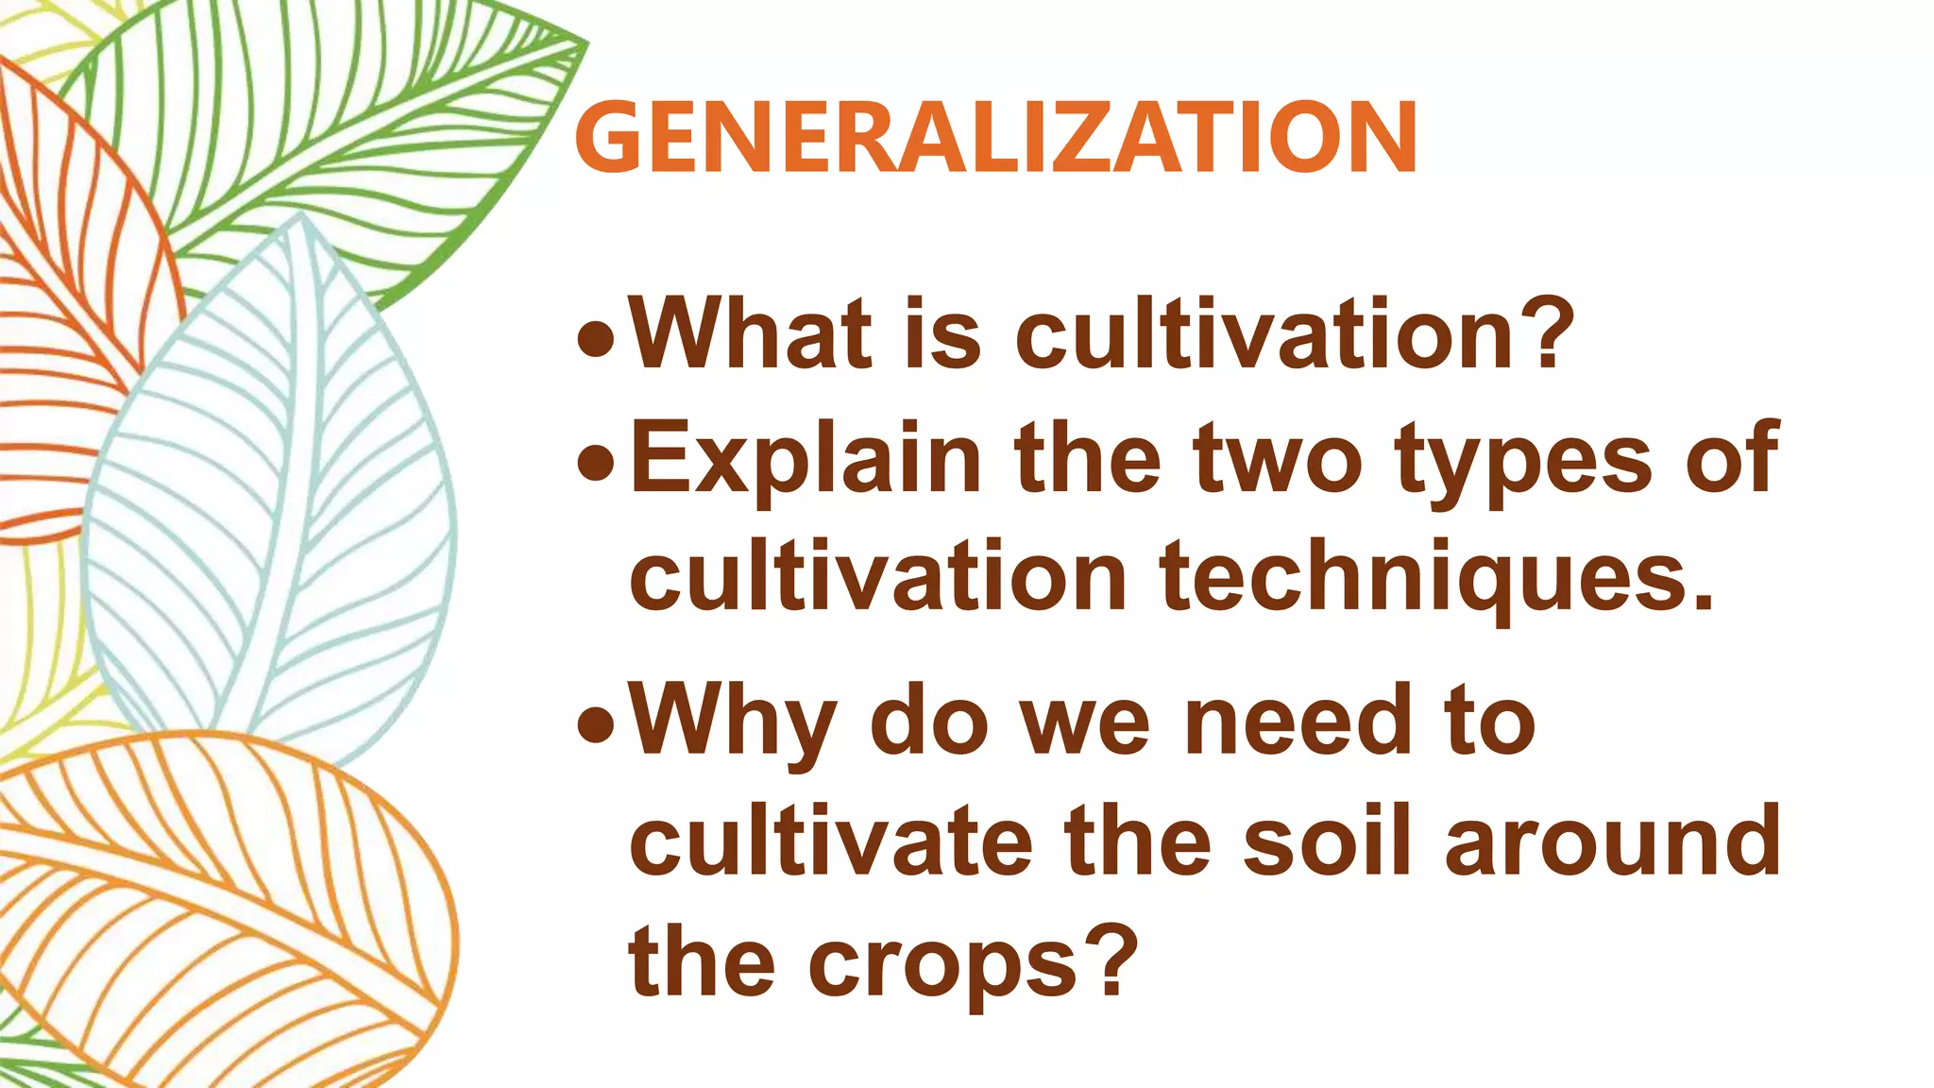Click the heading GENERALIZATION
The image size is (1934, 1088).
[995, 138]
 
